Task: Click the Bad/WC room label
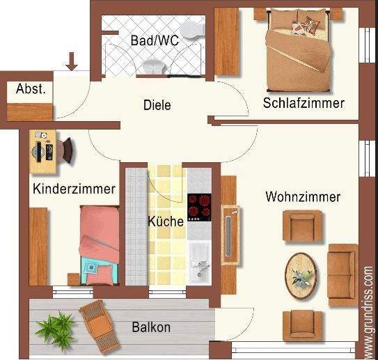155,40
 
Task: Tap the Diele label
157,105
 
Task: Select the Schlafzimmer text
304,103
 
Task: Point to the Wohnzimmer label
303,197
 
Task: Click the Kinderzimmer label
74,189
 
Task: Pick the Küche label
166,222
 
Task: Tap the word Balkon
151,327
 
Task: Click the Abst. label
31,89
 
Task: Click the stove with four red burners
199,205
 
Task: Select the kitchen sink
199,260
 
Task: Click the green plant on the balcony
55,329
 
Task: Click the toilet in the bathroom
195,29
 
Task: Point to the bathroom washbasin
152,65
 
